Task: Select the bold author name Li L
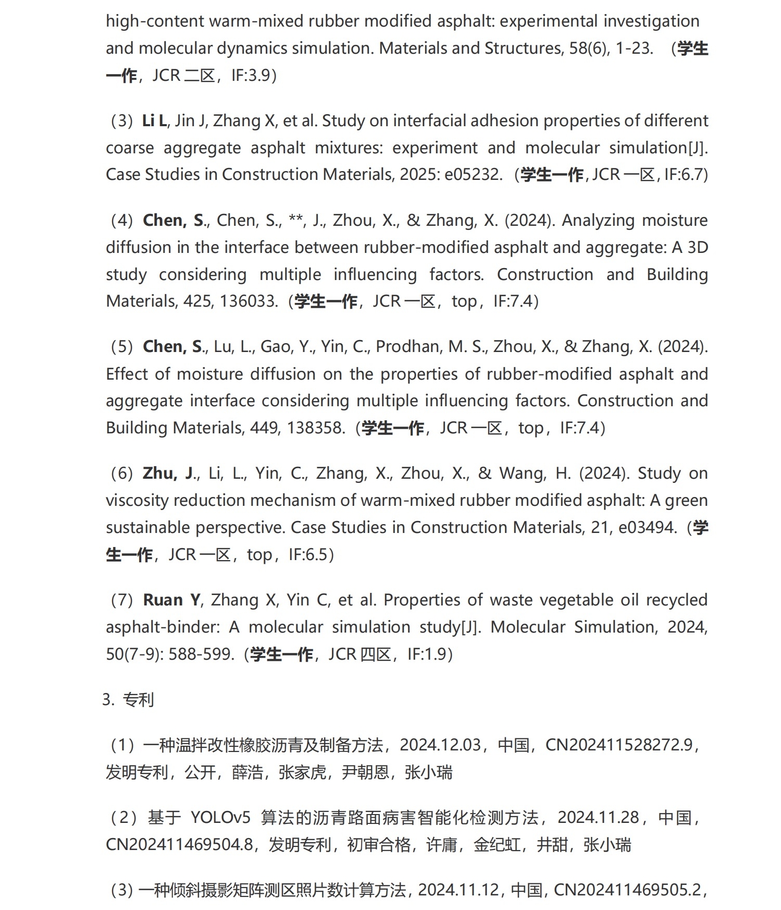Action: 154,121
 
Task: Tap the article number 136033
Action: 249,301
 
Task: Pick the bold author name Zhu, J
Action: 168,474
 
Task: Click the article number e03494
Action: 647,527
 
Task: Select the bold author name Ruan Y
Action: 171,600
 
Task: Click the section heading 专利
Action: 138,699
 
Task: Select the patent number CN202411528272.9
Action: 619,745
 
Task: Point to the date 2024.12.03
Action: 440,745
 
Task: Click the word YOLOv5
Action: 220,817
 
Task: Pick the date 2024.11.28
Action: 598,817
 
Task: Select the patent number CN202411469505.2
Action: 627,890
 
